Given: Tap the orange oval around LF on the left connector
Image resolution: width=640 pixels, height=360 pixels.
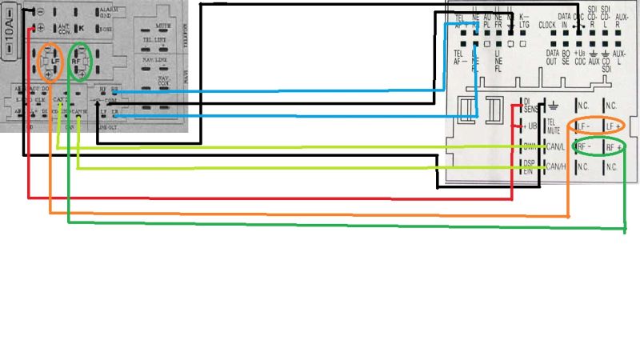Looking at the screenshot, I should pyautogui.click(x=51, y=62).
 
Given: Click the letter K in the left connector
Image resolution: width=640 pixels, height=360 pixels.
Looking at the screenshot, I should pyautogui.click(x=80, y=27).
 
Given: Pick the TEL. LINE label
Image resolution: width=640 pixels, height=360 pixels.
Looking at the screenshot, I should pyautogui.click(x=155, y=40).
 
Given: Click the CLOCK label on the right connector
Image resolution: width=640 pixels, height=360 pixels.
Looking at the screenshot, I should pyautogui.click(x=547, y=25).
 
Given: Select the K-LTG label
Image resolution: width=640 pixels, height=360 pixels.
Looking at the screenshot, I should pyautogui.click(x=525, y=21).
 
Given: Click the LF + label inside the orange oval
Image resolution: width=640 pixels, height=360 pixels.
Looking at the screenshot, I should pyautogui.click(x=613, y=127).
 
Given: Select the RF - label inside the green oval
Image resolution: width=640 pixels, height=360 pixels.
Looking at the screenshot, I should pyautogui.click(x=583, y=147).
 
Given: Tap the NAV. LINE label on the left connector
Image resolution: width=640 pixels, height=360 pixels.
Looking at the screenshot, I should pyautogui.click(x=155, y=60).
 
